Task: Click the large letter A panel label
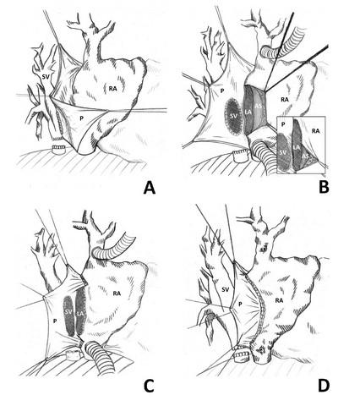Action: click(150, 187)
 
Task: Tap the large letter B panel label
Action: click(324, 187)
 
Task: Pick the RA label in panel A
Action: click(113, 89)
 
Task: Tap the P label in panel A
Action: click(81, 118)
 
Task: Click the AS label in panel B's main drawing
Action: click(259, 107)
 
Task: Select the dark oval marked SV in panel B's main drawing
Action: click(232, 116)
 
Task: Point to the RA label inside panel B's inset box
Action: click(316, 131)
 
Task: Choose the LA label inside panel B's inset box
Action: click(296, 147)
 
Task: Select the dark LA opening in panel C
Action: click(80, 310)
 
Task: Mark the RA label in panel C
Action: click(117, 294)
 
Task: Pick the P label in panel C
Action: click(55, 321)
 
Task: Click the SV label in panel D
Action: click(226, 289)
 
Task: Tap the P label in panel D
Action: click(240, 304)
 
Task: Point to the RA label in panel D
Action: click(279, 300)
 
